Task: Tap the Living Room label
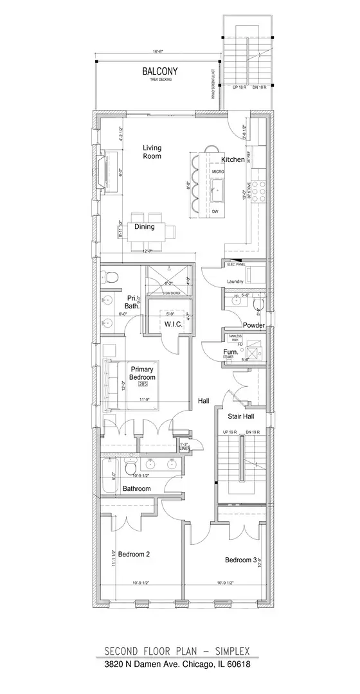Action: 152,152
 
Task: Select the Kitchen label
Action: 233,159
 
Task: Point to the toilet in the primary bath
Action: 111,278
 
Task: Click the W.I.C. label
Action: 174,325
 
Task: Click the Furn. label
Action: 231,353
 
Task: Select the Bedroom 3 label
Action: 240,560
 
